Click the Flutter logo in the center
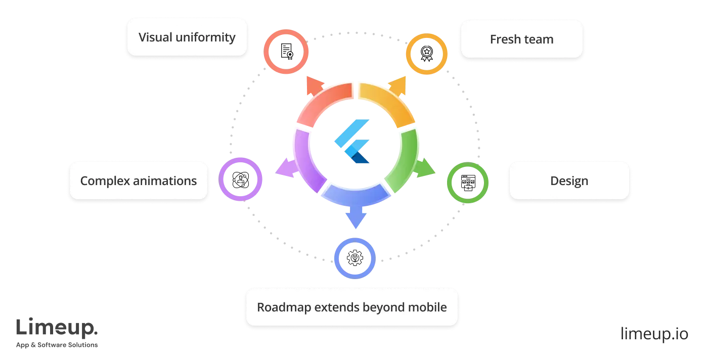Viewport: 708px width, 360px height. [x=353, y=142]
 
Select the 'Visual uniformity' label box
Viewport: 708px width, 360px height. [x=187, y=37]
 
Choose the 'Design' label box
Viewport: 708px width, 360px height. [x=569, y=181]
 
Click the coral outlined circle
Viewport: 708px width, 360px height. [x=286, y=52]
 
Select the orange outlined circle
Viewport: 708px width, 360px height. [x=427, y=55]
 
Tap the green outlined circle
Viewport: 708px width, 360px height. [x=467, y=183]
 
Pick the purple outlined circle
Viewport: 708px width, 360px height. [x=241, y=179]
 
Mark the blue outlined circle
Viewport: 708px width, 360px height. [x=355, y=258]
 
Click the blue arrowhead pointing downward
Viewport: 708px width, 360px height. [x=356, y=219]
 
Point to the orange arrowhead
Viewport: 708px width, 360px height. [x=397, y=87]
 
